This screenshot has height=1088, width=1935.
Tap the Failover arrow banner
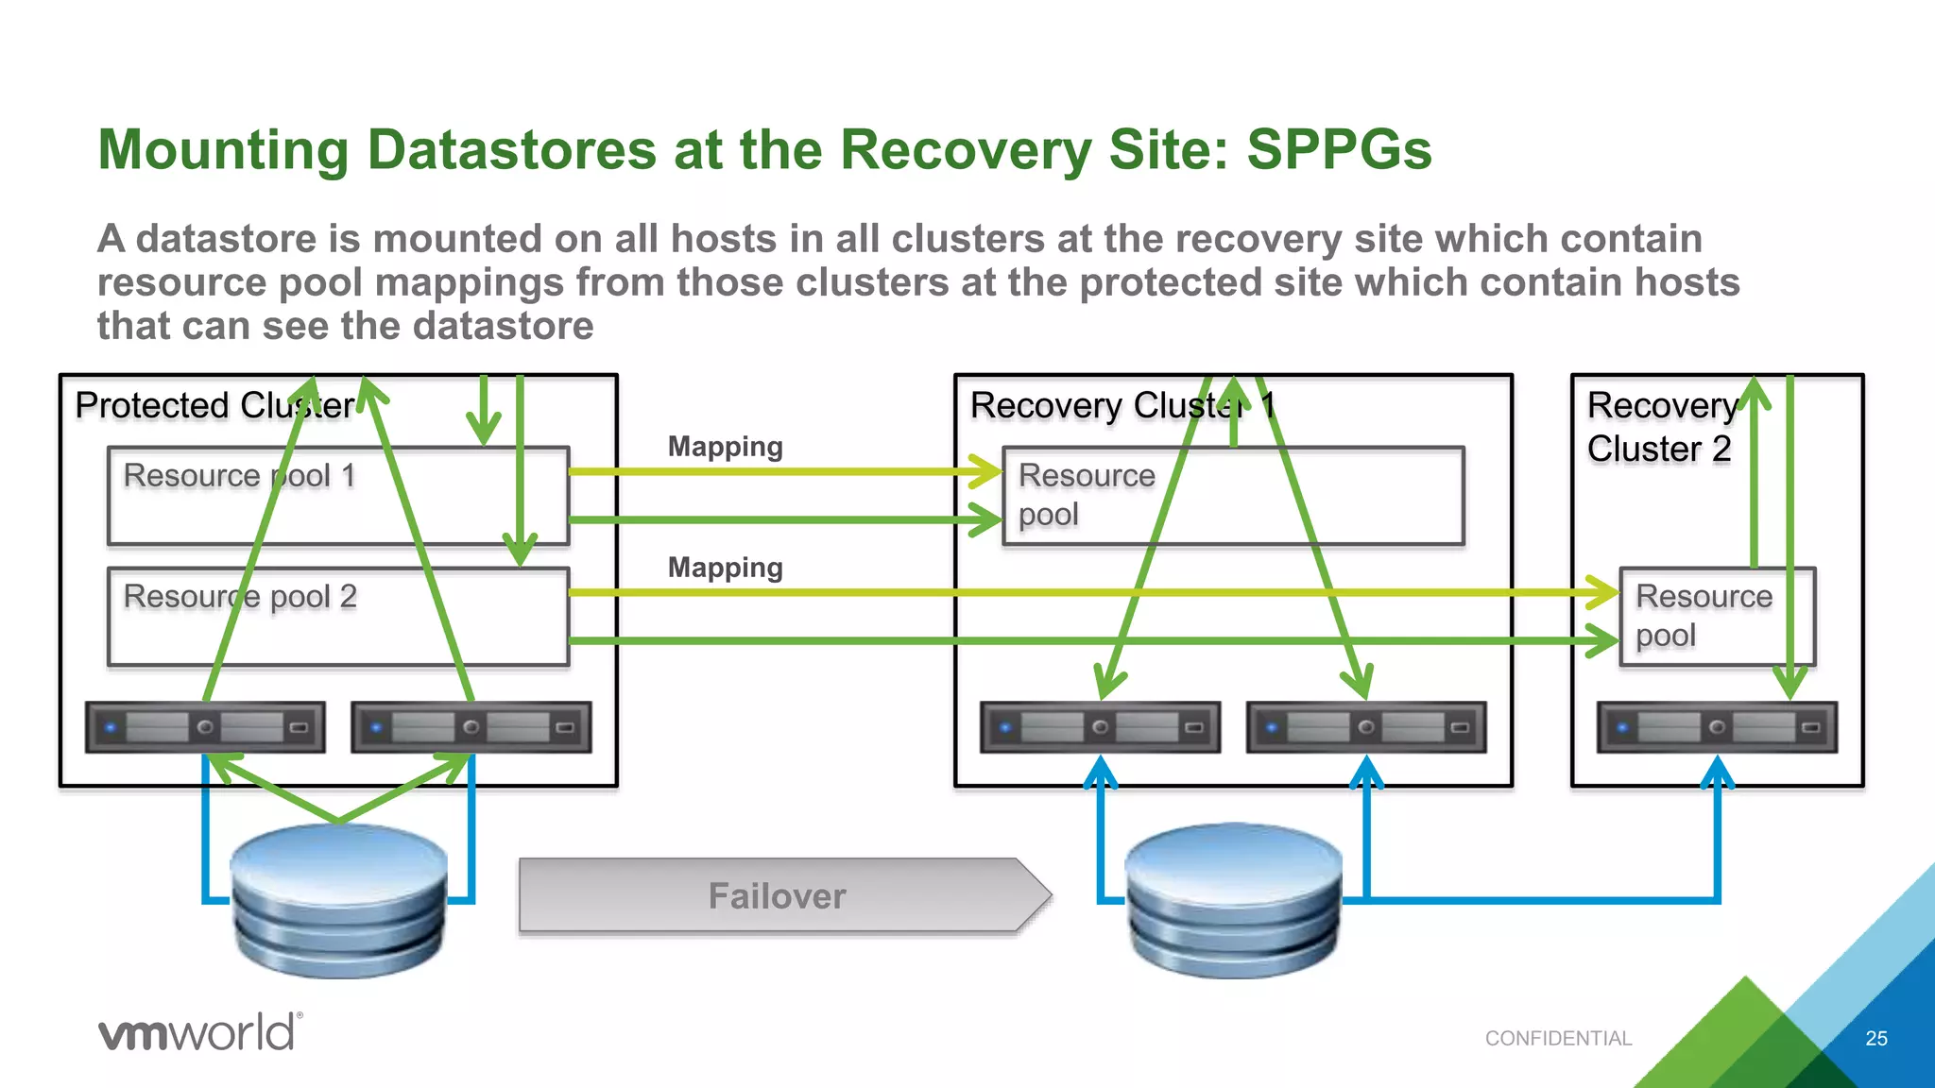pos(777,895)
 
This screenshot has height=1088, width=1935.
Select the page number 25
pos(1875,1038)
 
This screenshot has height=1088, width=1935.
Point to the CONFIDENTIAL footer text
pos(1558,1038)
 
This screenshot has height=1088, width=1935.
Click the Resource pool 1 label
pos(239,475)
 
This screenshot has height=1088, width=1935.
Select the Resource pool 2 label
pos(240,596)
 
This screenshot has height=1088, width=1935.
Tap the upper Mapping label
pos(725,447)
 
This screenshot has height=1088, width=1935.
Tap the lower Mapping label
pos(725,568)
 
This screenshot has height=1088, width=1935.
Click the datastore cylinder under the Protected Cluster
pos(338,902)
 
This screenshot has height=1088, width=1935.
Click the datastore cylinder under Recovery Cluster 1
pos(1233,902)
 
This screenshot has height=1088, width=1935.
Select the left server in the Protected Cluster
pos(205,727)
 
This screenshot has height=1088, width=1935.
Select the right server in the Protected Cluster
pos(471,727)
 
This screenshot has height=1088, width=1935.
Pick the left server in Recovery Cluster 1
pos(1100,727)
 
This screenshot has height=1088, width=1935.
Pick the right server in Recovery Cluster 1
pos(1365,727)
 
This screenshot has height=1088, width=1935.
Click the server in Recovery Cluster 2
pos(1717,727)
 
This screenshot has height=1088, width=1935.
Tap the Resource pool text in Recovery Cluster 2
pos(1703,616)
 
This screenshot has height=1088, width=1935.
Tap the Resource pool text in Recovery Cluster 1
pos(1086,495)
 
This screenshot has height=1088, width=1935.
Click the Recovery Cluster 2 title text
pos(1660,427)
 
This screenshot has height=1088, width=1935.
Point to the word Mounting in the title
pos(223,149)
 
